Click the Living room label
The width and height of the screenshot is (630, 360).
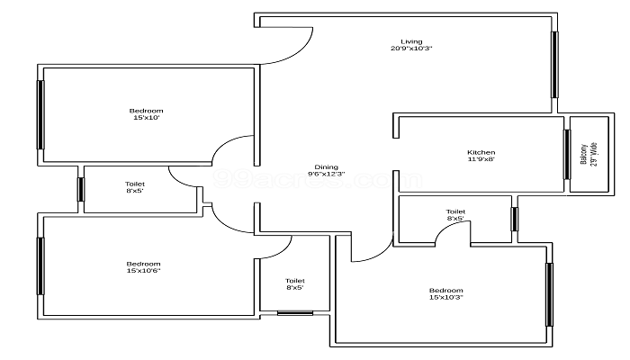coord(411,41)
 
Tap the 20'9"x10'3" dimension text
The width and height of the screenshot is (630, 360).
coord(411,49)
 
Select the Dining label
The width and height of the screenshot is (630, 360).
coord(326,167)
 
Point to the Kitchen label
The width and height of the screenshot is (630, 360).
coord(481,152)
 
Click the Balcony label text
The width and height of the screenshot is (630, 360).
coord(584,154)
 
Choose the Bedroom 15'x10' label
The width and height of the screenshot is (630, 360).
coord(146,114)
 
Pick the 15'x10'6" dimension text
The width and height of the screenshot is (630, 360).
coord(143,271)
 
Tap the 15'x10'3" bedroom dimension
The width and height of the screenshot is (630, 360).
coord(446,297)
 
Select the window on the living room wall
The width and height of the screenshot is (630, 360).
coord(554,65)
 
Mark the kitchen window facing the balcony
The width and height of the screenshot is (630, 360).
coord(567,154)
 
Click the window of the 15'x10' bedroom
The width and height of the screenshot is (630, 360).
coord(40,115)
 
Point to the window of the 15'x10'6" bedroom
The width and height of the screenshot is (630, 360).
coord(40,266)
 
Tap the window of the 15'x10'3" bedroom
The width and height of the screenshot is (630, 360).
coord(549,294)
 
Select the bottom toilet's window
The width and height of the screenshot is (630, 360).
coord(295,312)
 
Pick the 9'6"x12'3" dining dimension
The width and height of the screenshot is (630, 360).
coord(326,174)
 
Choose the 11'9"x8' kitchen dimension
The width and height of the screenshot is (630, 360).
coord(481,159)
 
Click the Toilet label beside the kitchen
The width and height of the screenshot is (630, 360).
coord(455,211)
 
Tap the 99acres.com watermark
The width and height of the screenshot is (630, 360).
coord(318,179)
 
